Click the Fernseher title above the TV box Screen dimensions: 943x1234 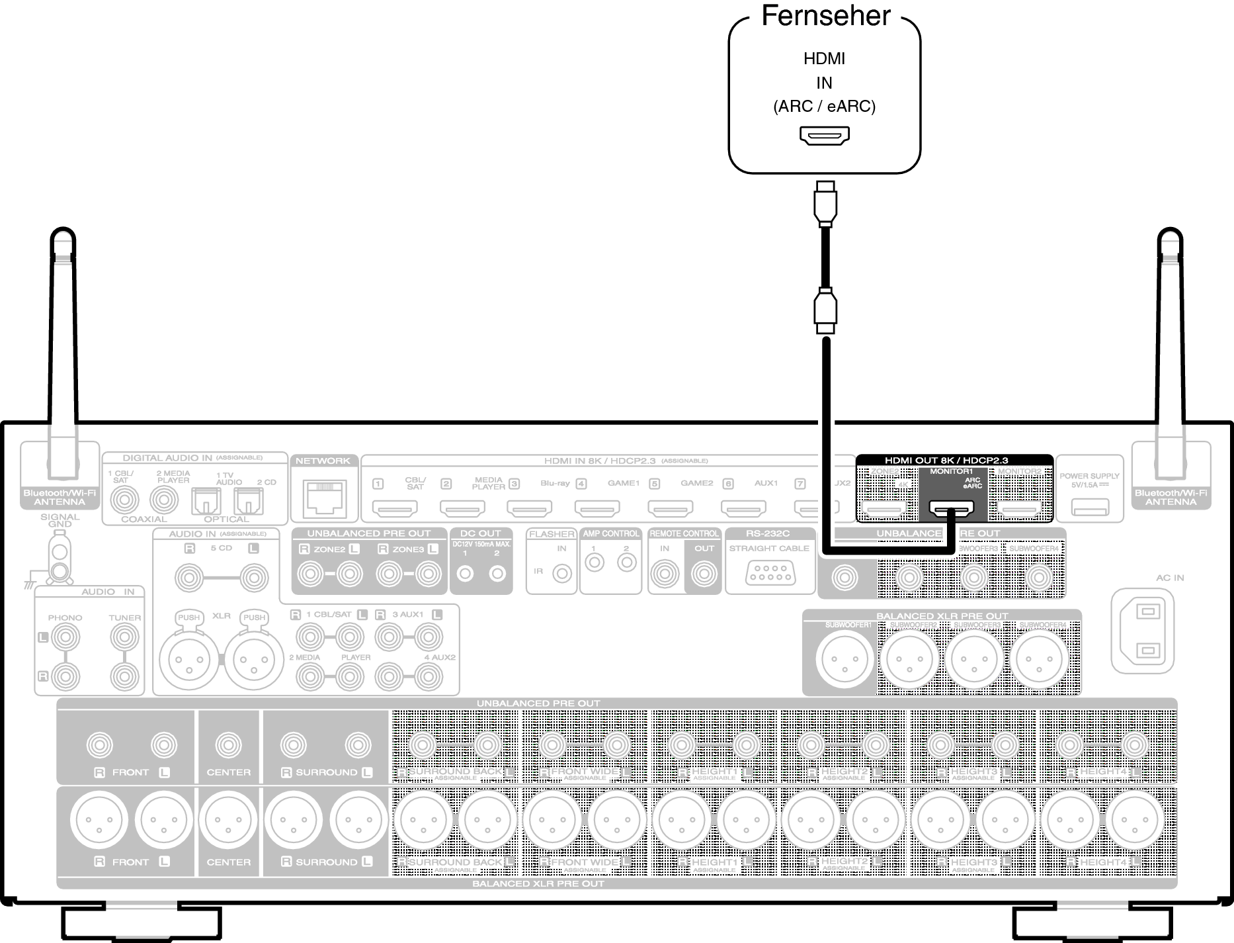coord(826,16)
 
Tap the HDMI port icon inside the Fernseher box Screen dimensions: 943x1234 coord(824,136)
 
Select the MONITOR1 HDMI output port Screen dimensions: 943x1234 coord(952,509)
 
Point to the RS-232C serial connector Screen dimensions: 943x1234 coord(769,572)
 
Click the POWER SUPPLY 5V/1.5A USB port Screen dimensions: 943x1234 coord(1090,508)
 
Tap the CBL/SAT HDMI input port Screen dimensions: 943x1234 coord(395,509)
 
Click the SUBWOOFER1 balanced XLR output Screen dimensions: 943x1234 coord(844,659)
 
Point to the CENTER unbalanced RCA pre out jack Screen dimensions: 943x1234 coord(228,745)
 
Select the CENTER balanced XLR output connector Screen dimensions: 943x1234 coord(227,819)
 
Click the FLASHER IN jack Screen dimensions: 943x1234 coord(562,573)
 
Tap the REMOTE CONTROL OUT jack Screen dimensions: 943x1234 coord(704,574)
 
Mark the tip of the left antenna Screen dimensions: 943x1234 coord(63,239)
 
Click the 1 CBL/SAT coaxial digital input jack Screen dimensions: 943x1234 coord(124,500)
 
